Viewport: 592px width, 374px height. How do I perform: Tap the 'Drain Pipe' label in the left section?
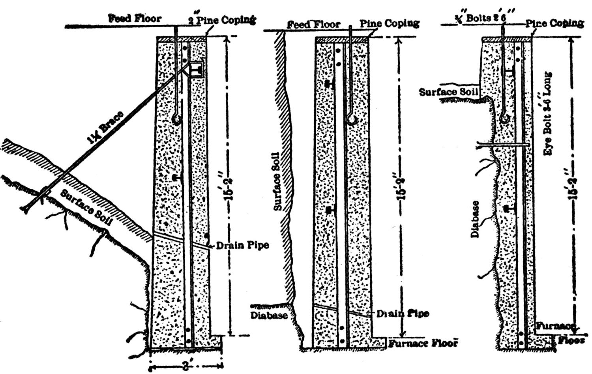click(242, 245)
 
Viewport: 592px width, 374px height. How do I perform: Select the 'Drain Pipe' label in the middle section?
click(402, 314)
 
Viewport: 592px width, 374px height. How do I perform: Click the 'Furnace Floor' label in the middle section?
click(423, 343)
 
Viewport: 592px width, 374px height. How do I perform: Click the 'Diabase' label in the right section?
click(475, 219)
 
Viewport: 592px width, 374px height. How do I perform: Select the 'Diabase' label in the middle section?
click(269, 315)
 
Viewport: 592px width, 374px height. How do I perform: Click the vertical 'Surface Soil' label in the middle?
click(277, 181)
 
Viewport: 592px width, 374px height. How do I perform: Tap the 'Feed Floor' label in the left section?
click(135, 18)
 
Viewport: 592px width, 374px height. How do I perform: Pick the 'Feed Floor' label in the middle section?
click(313, 24)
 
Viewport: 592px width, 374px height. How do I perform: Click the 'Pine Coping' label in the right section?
click(555, 23)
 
